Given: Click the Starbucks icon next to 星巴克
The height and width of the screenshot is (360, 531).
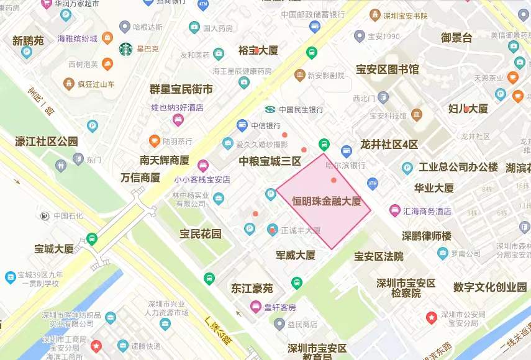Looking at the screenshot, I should click(126, 48).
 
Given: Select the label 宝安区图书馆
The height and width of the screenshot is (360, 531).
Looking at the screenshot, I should click(387, 69).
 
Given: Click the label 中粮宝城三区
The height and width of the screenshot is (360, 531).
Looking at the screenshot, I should click(270, 161).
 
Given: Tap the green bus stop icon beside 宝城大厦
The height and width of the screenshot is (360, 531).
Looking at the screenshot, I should click(92, 238).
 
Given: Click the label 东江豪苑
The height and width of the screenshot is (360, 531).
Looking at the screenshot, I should click(252, 288).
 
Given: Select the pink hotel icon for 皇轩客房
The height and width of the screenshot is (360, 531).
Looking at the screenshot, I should click(255, 307).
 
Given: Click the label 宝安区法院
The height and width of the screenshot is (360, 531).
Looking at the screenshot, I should click(379, 256).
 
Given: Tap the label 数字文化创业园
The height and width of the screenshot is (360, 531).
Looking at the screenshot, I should click(490, 287).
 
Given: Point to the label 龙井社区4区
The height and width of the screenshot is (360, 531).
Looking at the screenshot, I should click(389, 145).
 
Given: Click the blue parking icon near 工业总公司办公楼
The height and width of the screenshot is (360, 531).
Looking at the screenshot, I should click(407, 168).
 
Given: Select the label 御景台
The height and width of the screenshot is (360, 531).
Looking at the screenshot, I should click(456, 38).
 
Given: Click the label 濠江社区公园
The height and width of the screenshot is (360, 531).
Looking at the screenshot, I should click(47, 142).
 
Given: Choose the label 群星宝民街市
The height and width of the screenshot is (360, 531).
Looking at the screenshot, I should click(181, 89).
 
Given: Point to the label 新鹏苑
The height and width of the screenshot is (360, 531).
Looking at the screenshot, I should click(28, 41).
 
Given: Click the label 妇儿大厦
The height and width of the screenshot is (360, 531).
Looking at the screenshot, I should click(468, 109).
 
